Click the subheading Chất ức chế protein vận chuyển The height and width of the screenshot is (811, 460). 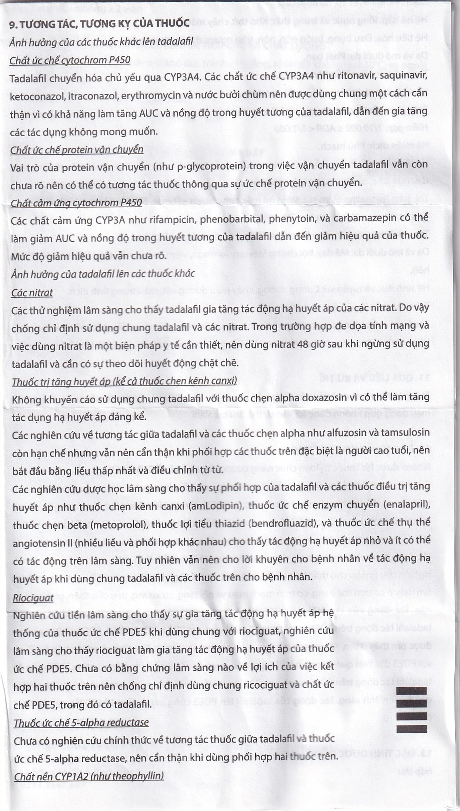(x=77, y=149)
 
